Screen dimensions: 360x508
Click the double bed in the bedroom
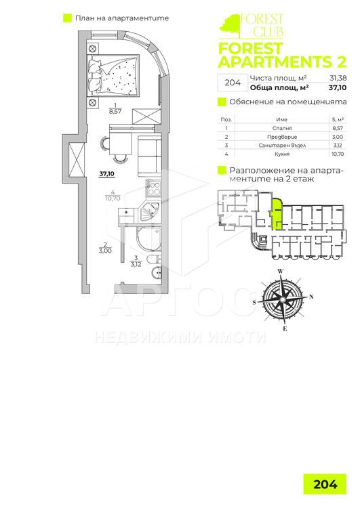click(x=113, y=75)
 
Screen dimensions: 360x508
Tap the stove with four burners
click(x=153, y=188)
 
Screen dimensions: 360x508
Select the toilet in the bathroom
click(x=155, y=259)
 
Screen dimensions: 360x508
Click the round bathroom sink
click(x=156, y=273)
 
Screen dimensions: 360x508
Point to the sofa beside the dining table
click(x=150, y=156)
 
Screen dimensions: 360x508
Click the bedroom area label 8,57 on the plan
click(x=115, y=111)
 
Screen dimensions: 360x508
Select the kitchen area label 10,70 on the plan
click(x=113, y=198)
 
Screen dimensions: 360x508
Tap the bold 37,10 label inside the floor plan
click(x=107, y=174)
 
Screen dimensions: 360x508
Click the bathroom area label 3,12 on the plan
click(x=136, y=264)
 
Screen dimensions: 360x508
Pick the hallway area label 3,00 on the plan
click(x=105, y=251)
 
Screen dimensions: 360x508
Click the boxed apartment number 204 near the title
click(x=233, y=83)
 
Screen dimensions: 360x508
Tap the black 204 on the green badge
click(x=325, y=484)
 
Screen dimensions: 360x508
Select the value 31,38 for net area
click(x=338, y=78)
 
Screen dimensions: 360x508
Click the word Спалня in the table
click(x=282, y=128)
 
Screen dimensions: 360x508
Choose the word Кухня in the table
click(x=282, y=154)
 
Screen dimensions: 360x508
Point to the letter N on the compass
click(x=312, y=296)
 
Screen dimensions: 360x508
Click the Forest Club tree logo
click(x=230, y=26)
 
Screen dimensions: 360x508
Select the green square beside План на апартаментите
click(x=68, y=18)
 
